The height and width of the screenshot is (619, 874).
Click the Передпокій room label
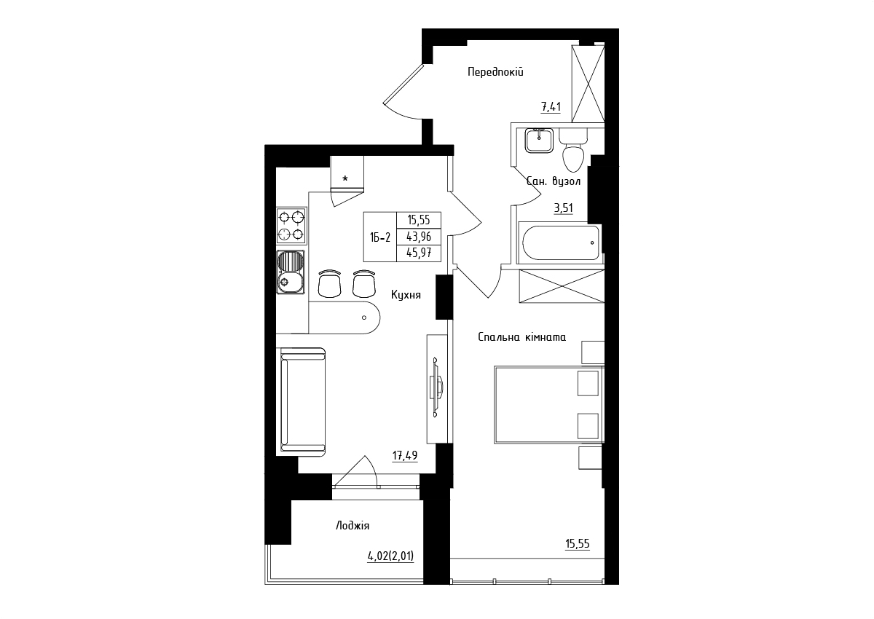495,72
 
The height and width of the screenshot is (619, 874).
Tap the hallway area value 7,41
551,106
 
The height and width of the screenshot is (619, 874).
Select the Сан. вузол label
554,181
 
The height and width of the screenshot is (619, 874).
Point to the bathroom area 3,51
564,208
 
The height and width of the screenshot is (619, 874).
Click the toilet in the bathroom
573,151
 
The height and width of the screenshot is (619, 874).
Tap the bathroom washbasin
539,141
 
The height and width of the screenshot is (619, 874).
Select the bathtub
560,243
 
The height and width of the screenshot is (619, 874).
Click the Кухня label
406,295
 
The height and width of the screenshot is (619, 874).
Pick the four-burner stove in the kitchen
291,226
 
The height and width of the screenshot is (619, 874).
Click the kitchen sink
291,272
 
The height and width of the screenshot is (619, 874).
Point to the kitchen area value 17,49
405,456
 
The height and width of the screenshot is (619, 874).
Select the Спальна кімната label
521,337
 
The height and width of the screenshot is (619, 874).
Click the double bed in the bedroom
549,405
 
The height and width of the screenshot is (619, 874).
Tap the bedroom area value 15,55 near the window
578,544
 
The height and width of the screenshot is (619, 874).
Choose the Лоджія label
353,526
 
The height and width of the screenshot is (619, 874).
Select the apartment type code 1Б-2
380,237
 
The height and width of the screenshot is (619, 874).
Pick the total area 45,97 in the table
419,253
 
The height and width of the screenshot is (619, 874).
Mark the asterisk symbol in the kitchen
345,178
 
